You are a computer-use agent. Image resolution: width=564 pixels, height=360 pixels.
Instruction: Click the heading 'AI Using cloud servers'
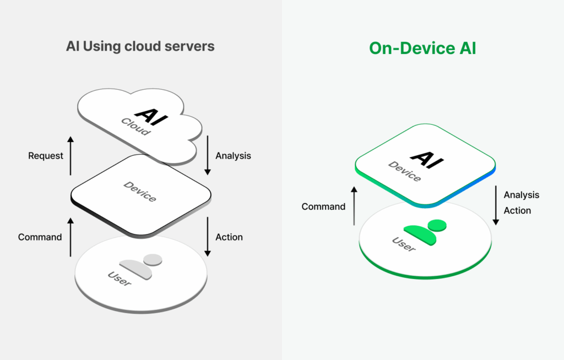140,46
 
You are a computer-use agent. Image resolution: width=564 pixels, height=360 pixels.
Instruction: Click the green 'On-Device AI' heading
422,48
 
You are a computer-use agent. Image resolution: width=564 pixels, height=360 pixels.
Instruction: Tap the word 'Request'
46,156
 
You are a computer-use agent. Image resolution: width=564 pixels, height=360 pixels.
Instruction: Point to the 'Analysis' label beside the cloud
233,156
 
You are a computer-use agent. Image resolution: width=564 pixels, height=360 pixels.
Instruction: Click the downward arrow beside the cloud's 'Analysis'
208,156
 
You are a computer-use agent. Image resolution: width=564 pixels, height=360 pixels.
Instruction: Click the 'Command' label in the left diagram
40,237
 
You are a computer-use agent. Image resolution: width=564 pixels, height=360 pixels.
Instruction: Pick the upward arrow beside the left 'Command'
70,237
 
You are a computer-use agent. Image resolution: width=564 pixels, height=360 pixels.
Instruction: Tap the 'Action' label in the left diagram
229,237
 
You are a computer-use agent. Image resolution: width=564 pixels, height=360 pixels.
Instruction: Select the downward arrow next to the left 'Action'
208,237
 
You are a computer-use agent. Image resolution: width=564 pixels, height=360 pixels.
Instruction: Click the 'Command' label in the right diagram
323,207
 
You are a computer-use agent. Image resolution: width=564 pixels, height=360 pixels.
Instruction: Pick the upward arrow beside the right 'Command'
354,205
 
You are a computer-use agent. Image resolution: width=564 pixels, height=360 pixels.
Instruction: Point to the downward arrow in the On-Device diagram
495,205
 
